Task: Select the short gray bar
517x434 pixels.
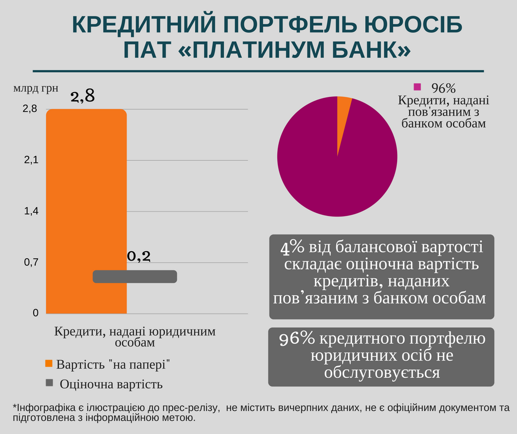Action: (x=135, y=276)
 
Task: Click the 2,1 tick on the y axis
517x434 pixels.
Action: (x=31, y=160)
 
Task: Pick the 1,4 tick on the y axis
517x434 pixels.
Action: (x=31, y=211)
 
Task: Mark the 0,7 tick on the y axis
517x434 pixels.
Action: (x=31, y=263)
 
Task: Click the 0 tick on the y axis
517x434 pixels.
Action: (x=35, y=313)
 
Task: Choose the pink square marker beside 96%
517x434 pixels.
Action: (x=417, y=86)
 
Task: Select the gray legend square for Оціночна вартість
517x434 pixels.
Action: (x=49, y=383)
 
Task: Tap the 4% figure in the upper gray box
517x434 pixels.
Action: (x=289, y=247)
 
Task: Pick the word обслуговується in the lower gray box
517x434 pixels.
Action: (x=381, y=373)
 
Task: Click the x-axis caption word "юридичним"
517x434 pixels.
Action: (x=186, y=332)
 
